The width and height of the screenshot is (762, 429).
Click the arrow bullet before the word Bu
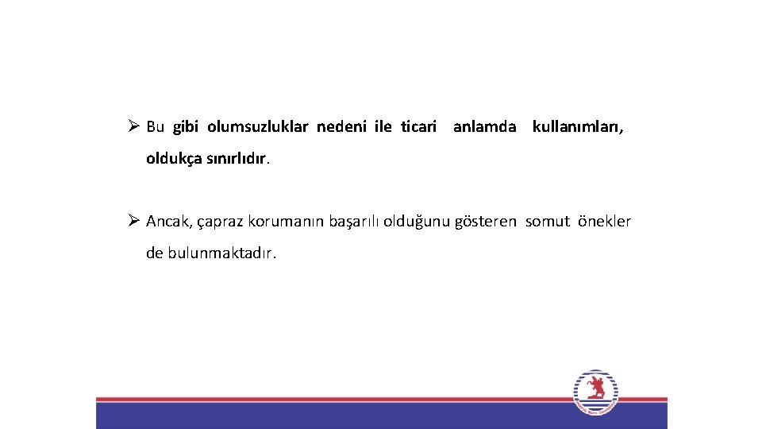(133, 126)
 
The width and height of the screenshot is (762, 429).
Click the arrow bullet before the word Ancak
(133, 221)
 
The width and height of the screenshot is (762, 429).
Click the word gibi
(185, 127)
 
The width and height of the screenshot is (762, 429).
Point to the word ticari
(419, 127)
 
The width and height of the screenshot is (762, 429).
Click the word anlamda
(485, 127)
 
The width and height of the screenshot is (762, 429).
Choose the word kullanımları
(578, 127)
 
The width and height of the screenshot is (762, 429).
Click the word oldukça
(174, 159)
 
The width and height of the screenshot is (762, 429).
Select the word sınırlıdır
(238, 159)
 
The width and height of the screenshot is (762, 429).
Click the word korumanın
(283, 222)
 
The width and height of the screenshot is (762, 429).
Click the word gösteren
(486, 222)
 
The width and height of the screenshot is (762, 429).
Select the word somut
(548, 222)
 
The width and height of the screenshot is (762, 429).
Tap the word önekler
(605, 222)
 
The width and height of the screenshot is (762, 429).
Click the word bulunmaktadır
(222, 253)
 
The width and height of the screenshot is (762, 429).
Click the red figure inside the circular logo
(595, 389)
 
